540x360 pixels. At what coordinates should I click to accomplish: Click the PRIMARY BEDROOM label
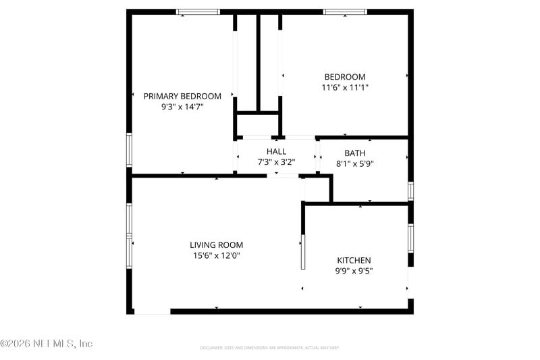point(182,97)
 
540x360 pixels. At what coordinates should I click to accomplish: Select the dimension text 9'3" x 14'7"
point(182,107)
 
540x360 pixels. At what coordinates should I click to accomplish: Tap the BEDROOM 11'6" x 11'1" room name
point(345,77)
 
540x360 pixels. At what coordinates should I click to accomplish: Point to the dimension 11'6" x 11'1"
point(345,87)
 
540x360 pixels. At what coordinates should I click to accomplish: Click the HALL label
point(276,152)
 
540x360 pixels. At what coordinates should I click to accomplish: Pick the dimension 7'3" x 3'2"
point(276,162)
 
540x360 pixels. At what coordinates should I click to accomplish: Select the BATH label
point(354,153)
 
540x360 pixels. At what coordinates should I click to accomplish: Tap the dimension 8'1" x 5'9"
point(354,163)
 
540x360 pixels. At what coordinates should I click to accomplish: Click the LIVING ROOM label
point(216,245)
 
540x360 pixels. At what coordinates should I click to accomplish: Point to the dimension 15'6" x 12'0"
point(216,255)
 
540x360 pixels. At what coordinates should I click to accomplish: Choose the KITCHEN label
point(354,261)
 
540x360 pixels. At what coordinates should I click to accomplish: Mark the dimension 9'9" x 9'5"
point(354,271)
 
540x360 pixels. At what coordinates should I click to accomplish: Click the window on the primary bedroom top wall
point(198,11)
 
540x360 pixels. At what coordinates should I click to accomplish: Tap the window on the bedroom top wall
point(345,11)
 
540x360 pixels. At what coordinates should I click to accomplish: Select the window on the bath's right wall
point(410,190)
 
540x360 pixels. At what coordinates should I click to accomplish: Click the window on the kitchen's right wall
point(410,238)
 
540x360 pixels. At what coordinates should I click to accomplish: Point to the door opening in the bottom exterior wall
point(152,311)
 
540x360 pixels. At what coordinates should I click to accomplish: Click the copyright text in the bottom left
point(46,344)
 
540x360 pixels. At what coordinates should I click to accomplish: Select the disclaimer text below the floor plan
point(269,348)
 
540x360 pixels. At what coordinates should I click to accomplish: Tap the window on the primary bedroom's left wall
point(129,150)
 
